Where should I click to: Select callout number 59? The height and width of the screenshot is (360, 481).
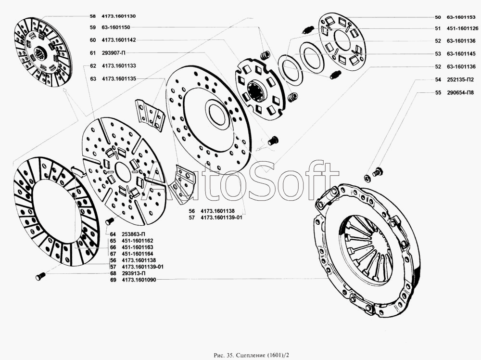(x=93, y=27)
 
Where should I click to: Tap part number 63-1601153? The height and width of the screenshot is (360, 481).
(x=461, y=17)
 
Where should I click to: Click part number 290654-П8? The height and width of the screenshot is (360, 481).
(x=460, y=93)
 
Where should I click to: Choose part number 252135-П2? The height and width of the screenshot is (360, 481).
(x=460, y=80)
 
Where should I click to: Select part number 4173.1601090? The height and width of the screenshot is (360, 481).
(x=139, y=280)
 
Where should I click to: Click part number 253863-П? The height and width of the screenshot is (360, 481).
(x=133, y=234)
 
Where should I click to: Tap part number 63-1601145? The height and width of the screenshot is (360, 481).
(x=461, y=54)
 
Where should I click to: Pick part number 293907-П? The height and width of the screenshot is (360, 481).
(x=113, y=53)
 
